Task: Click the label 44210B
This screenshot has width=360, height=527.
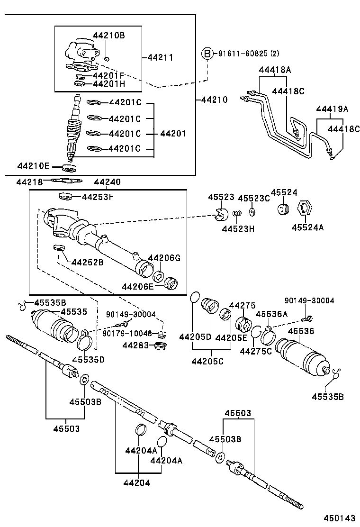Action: click(108, 36)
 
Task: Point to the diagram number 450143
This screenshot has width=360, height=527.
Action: click(339, 518)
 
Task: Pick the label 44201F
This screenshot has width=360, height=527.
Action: click(108, 75)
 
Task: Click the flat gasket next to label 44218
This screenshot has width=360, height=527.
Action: click(66, 181)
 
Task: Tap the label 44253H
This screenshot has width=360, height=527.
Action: click(98, 197)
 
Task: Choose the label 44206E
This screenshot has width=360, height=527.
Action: click(138, 287)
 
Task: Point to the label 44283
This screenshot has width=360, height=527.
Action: click(135, 345)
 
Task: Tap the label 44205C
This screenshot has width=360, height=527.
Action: click(207, 362)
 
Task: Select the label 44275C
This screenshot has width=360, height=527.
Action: click(256, 351)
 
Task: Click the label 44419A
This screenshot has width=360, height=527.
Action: click(332, 109)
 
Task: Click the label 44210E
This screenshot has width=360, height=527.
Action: click(33, 166)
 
